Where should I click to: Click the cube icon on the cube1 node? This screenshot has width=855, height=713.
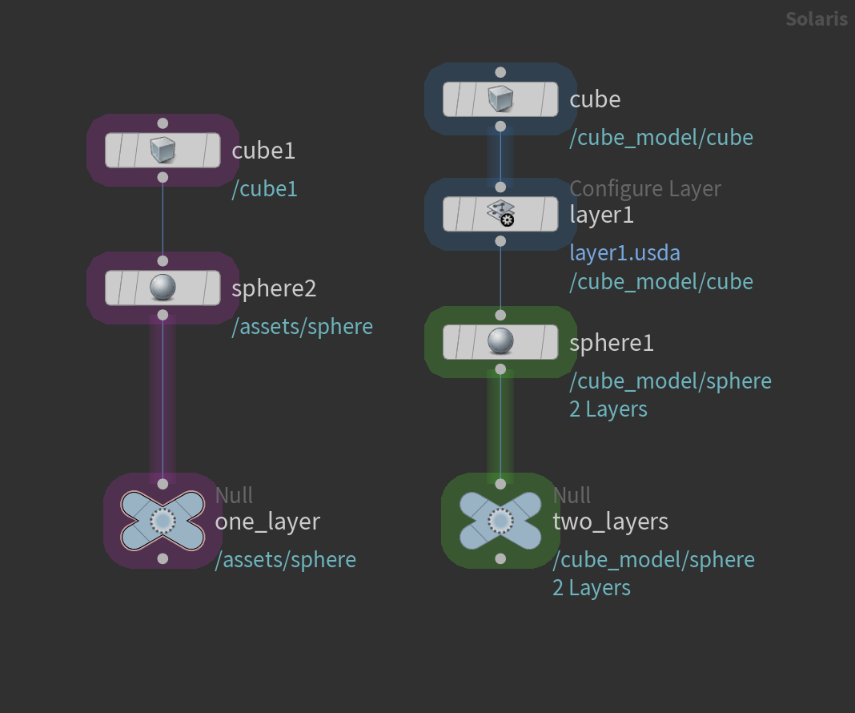(163, 150)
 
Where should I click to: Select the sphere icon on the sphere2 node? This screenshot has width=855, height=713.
(163, 288)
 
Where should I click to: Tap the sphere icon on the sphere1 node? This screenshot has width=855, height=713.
(500, 342)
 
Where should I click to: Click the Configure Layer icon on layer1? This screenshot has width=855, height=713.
(500, 214)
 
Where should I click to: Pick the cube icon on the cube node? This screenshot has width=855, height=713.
(500, 99)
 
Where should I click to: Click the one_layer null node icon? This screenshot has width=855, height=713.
(163, 522)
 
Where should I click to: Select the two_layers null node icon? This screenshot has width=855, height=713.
(500, 522)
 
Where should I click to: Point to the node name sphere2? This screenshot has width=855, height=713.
(274, 288)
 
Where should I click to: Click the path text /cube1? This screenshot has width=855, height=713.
(264, 189)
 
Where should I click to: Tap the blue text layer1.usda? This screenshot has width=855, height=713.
(624, 253)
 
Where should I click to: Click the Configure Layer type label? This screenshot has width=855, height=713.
(644, 189)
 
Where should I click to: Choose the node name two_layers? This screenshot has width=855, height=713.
(610, 522)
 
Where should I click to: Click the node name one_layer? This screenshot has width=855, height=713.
(267, 522)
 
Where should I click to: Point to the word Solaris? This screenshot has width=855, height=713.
(816, 18)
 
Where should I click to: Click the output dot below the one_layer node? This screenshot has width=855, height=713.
(163, 558)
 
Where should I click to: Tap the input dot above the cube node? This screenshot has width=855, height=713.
(500, 72)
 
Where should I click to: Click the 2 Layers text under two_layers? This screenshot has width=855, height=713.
(591, 588)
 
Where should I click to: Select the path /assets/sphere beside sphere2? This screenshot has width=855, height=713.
(302, 327)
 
